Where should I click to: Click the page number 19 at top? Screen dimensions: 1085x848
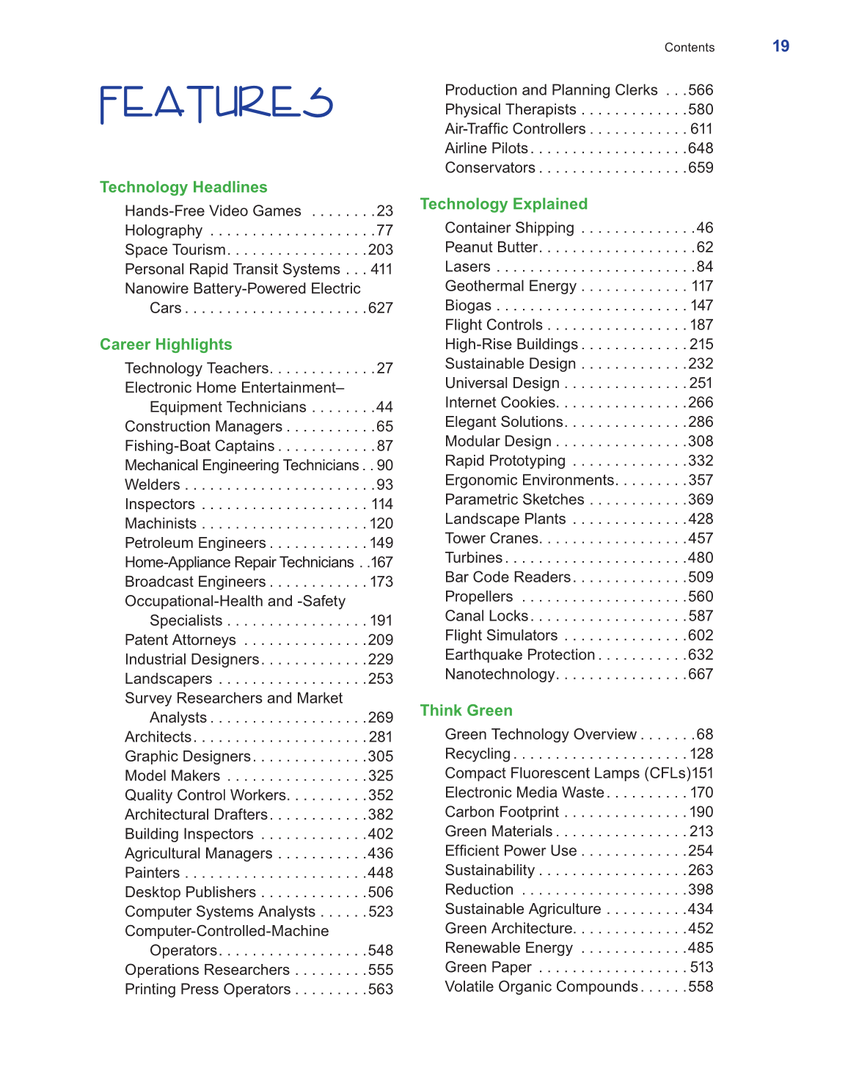[781, 46]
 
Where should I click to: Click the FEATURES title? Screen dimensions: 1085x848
[216, 103]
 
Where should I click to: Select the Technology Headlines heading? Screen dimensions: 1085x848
[183, 187]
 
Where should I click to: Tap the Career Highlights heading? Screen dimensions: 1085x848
[166, 345]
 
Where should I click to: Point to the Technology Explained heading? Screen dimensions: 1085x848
[504, 204]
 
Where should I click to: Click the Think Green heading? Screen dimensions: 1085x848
[466, 710]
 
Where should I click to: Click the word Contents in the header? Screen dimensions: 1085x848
[689, 48]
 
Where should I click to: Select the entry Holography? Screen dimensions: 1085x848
[164, 230]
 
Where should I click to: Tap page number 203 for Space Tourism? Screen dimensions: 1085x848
[381, 250]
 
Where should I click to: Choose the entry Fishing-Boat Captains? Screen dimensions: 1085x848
[200, 446]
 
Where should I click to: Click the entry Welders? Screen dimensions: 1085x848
[153, 485]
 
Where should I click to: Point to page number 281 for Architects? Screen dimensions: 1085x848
[381, 737]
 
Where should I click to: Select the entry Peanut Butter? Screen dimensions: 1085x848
[491, 247]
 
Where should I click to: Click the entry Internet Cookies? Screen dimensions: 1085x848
[500, 403]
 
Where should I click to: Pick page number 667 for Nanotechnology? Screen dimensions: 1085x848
[701, 674]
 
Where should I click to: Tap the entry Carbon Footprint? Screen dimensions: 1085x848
[502, 812]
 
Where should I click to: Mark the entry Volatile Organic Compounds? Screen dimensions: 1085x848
[541, 987]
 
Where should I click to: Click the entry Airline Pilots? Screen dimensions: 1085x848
[486, 148]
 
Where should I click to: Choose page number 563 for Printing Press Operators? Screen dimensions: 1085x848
[381, 990]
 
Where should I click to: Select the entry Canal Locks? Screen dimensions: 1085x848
[486, 616]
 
